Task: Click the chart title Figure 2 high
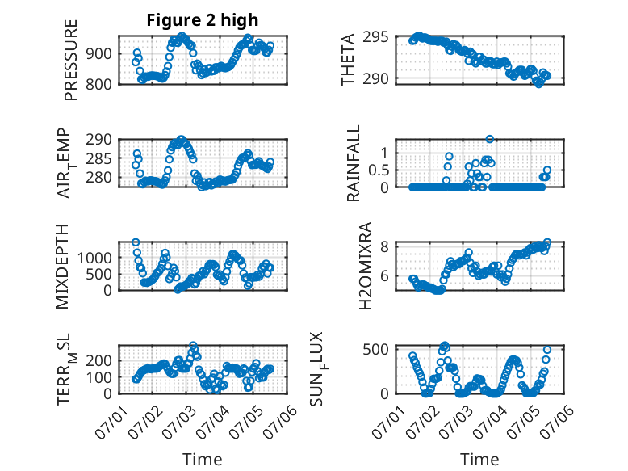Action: [203, 20]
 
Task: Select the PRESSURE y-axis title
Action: [70, 60]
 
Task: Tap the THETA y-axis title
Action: [348, 60]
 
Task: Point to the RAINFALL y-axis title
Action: [354, 163]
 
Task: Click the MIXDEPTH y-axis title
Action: [62, 267]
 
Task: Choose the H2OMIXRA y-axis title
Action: [366, 266]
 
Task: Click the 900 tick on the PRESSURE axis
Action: [99, 53]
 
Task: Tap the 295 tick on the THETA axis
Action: [375, 37]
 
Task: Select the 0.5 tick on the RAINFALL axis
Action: [379, 170]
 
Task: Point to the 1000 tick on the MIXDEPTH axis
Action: [94, 258]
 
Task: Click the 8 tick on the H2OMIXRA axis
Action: [384, 246]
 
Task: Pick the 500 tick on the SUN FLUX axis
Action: [375, 349]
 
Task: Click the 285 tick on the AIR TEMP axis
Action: [99, 158]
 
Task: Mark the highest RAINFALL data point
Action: [489, 139]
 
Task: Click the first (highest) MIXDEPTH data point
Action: [136, 242]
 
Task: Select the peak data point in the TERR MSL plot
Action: [193, 345]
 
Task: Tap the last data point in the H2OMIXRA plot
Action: [547, 242]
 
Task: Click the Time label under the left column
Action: [203, 459]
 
